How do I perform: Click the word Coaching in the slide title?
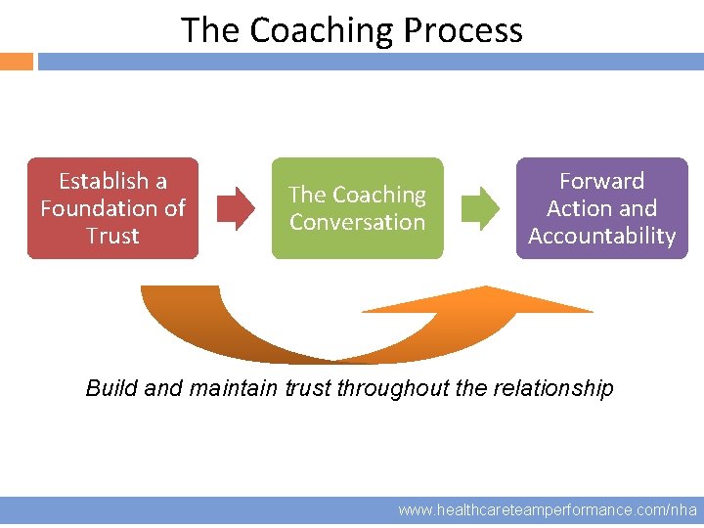323,30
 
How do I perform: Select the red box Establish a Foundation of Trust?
112,208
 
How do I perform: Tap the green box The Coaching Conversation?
357,208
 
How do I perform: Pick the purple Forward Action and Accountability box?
601,208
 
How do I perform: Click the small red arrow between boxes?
235,208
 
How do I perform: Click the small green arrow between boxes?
479,208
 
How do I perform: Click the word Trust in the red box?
112,236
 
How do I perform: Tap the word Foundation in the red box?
99,208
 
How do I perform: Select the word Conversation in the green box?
357,222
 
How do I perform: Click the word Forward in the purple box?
601,181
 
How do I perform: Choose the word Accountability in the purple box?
601,236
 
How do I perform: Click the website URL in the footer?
548,510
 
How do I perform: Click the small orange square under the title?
17,62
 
